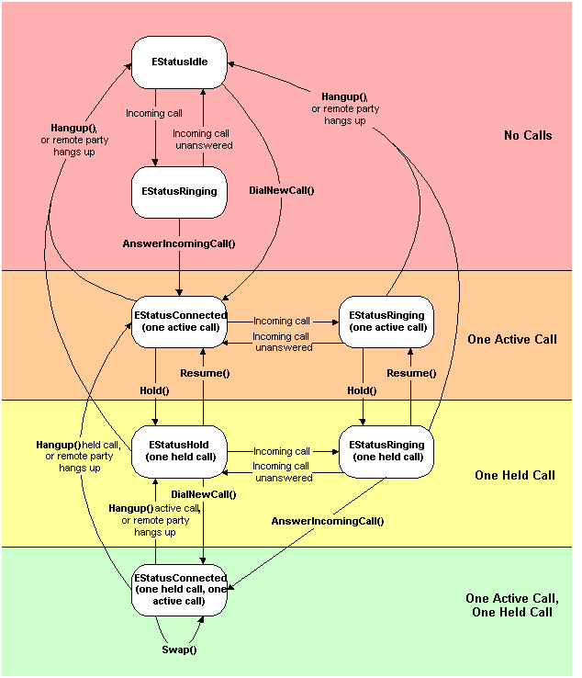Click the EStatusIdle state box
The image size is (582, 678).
point(179,62)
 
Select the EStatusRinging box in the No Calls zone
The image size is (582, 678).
point(179,192)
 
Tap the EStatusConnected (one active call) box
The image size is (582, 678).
point(180,321)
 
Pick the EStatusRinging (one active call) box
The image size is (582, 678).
point(388,321)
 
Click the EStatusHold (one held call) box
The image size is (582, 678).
point(180,451)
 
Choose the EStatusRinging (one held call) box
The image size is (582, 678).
point(388,451)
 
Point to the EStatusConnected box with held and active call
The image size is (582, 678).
point(180,590)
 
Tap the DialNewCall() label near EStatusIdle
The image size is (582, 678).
point(282,191)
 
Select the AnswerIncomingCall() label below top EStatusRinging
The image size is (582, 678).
point(179,243)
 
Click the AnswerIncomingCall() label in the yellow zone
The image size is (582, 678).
point(328,521)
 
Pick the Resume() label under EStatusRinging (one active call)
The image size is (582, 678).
point(410,374)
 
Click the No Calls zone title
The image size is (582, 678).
point(528,136)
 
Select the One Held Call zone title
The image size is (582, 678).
point(515,476)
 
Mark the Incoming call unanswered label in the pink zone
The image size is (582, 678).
point(202,139)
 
